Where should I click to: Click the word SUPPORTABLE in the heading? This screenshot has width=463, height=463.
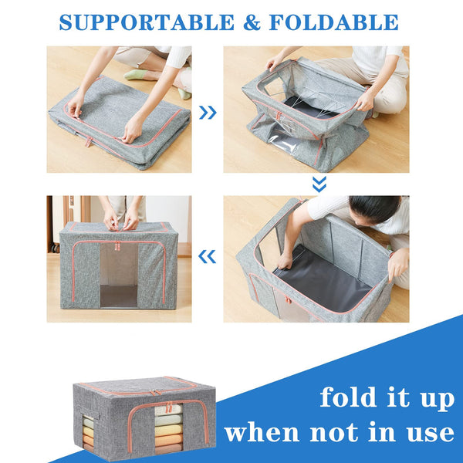(x=147, y=22)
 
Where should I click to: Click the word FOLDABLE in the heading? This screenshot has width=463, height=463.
(x=333, y=22)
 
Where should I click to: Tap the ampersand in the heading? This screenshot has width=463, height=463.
(x=252, y=22)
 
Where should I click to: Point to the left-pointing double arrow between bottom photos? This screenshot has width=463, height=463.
(x=208, y=255)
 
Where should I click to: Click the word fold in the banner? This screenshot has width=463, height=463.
(x=356, y=398)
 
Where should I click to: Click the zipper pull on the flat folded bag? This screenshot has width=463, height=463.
(x=89, y=142)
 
